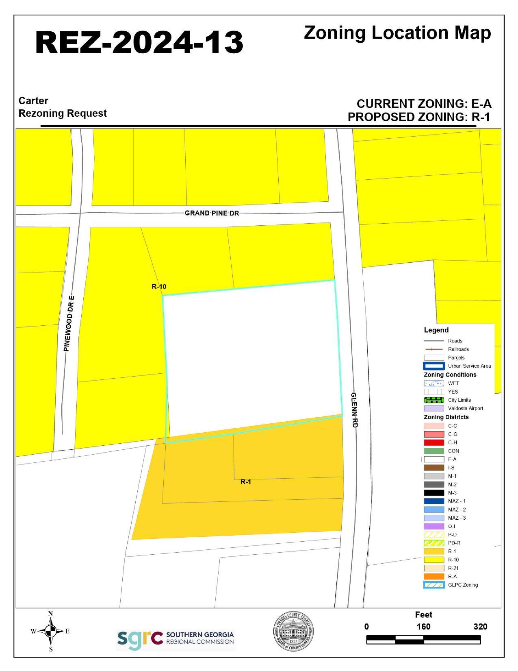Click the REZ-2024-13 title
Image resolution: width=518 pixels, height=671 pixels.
(x=139, y=42)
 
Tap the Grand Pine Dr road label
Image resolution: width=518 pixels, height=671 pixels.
(x=212, y=213)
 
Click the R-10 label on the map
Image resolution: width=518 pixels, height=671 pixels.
(x=159, y=287)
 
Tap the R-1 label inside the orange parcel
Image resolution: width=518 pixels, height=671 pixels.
(x=246, y=482)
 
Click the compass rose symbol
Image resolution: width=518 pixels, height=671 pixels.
(x=50, y=631)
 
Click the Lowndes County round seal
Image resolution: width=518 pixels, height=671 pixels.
(x=293, y=631)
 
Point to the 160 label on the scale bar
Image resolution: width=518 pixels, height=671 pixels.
(x=423, y=627)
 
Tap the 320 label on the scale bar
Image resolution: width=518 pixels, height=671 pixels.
(x=480, y=627)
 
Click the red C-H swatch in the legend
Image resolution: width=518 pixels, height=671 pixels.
(x=433, y=442)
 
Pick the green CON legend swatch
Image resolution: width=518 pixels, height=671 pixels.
(x=433, y=451)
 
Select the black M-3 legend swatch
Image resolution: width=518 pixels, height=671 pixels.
(x=433, y=493)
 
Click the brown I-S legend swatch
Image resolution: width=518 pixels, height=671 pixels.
(x=433, y=468)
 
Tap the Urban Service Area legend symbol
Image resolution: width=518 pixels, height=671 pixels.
(x=433, y=366)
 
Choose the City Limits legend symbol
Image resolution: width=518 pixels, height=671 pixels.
(x=433, y=400)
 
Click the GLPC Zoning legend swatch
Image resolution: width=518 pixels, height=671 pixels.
(x=433, y=585)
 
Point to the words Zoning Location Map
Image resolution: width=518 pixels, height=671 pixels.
(x=397, y=33)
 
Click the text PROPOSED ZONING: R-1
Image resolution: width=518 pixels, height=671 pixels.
(x=419, y=117)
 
